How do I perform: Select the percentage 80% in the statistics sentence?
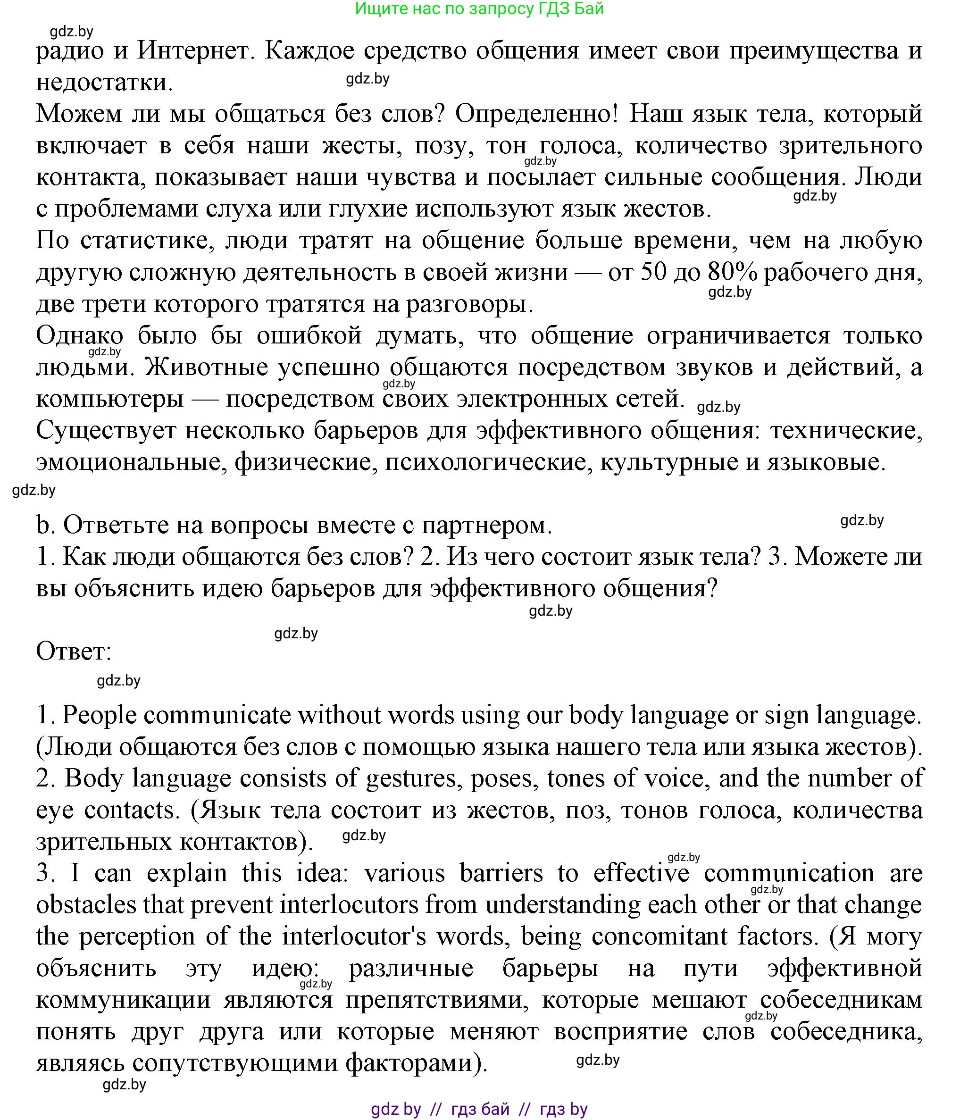pos(732,272)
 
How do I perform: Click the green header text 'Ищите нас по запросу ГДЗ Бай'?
pos(479,8)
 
